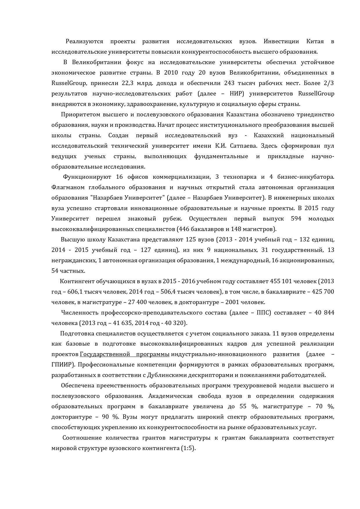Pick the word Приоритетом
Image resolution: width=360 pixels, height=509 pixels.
[x=80, y=114]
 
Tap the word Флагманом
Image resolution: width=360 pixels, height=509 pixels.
[x=69, y=187]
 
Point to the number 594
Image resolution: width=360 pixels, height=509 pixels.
[x=296, y=219]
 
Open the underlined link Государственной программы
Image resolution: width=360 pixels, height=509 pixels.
[x=125, y=354]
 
